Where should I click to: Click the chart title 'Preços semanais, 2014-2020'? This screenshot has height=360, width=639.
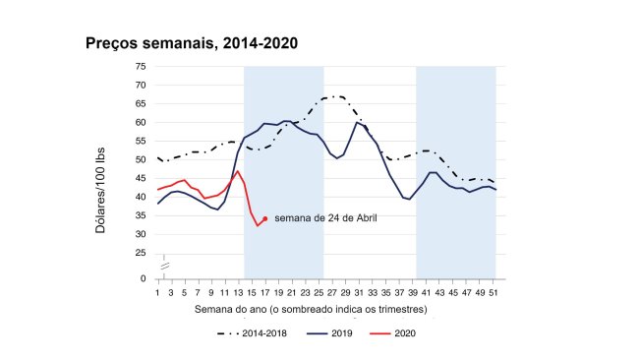(x=192, y=43)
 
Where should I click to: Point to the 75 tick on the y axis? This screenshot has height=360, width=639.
(x=141, y=66)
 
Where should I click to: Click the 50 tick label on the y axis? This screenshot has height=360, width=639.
(x=141, y=159)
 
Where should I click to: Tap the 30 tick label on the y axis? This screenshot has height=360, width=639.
(x=141, y=234)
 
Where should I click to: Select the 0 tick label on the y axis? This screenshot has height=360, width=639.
(x=144, y=278)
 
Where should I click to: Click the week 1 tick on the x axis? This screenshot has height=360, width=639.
(x=158, y=292)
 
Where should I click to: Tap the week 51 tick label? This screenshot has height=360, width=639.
(x=492, y=292)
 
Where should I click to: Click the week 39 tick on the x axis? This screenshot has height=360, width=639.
(x=412, y=292)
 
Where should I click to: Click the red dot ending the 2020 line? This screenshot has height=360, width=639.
(x=265, y=218)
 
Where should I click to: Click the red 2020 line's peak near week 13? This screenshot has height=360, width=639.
(x=238, y=171)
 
